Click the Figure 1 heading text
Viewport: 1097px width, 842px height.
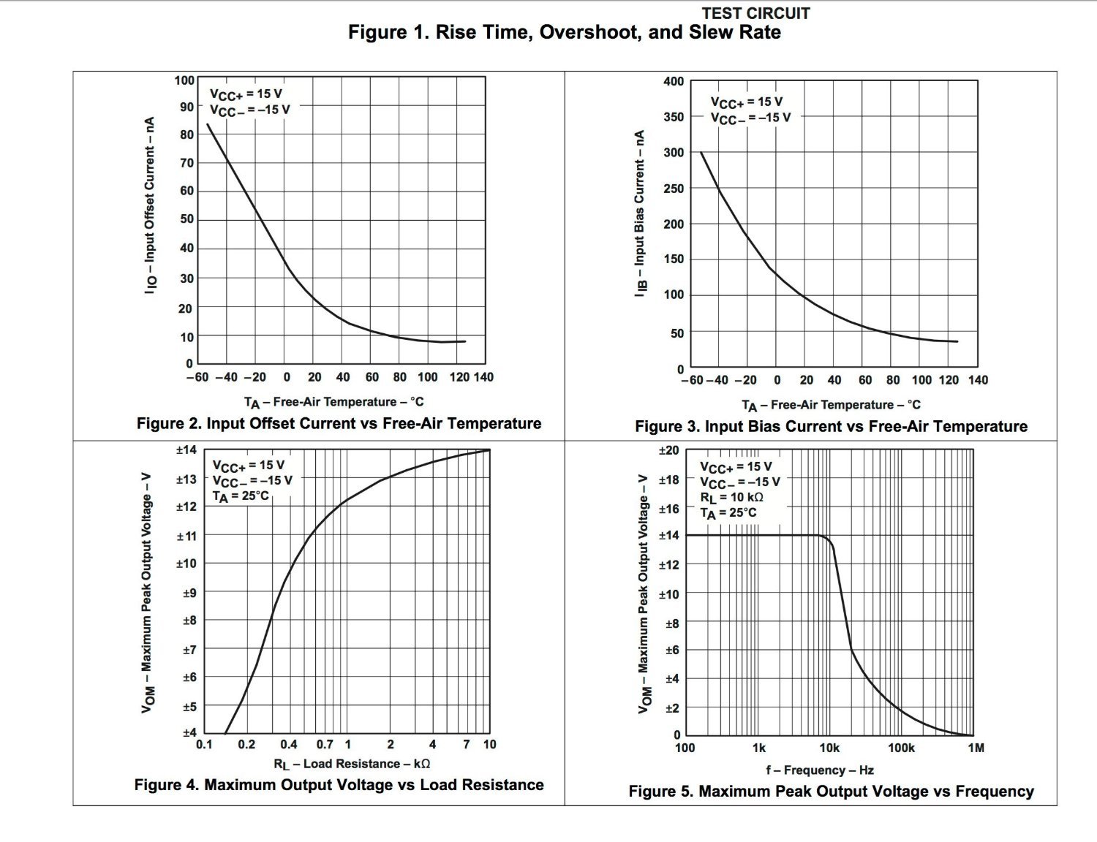(564, 33)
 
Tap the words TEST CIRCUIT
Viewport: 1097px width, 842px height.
(755, 13)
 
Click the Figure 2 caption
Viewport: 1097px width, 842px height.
(339, 424)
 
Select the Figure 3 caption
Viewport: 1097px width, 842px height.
(831, 427)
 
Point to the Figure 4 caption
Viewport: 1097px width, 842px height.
(339, 785)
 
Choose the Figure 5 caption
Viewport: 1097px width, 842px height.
(831, 792)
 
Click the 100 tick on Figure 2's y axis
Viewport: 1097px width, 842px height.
(184, 80)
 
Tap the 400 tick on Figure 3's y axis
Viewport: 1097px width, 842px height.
(673, 82)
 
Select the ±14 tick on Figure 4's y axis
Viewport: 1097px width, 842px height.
(186, 450)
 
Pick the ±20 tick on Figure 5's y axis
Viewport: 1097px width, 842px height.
(668, 451)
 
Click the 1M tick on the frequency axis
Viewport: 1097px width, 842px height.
(976, 748)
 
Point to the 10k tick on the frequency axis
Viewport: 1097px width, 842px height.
(829, 748)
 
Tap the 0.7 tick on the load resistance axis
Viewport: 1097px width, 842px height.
(325, 745)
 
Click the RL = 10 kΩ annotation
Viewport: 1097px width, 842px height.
(731, 498)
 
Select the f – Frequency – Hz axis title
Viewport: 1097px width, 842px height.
(820, 770)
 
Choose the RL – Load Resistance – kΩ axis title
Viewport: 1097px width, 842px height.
(352, 765)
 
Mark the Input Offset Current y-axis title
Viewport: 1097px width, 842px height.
(150, 205)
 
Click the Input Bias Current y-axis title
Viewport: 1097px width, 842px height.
(640, 213)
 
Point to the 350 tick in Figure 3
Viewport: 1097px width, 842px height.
(673, 117)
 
